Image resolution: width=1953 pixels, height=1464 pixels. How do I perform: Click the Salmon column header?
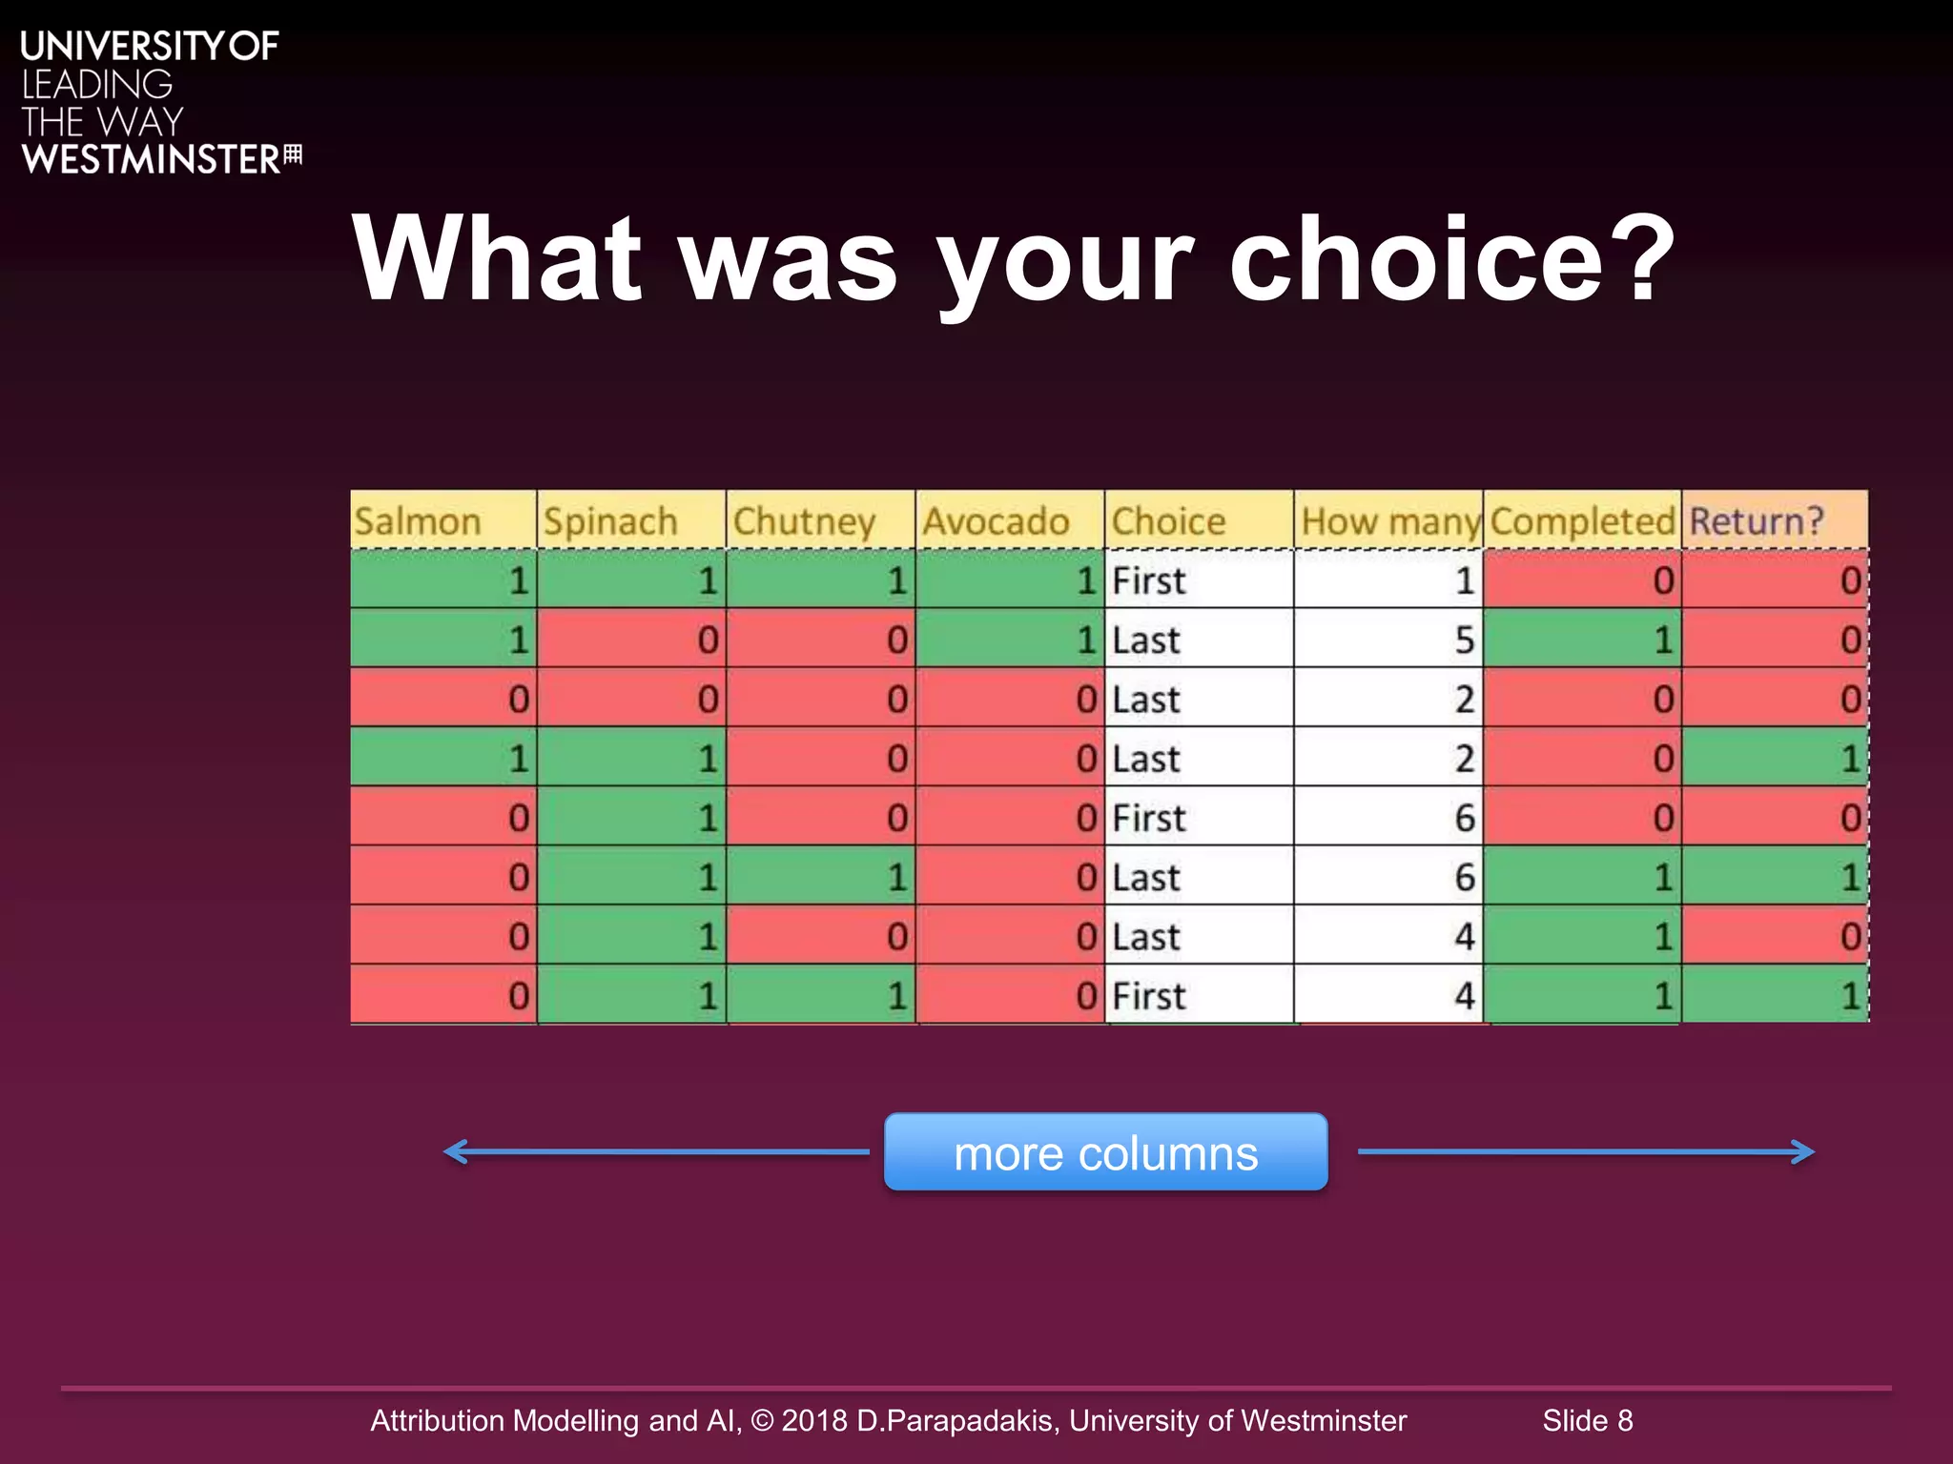[443, 521]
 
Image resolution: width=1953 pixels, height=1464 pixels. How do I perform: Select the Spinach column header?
[631, 521]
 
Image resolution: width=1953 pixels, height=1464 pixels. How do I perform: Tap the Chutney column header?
[820, 521]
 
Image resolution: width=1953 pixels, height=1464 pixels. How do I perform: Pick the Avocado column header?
[1009, 521]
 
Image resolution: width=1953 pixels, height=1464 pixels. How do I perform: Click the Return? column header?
[1774, 521]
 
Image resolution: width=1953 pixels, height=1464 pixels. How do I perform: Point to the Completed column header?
[1582, 521]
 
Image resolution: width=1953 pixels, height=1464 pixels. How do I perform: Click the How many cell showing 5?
[1388, 640]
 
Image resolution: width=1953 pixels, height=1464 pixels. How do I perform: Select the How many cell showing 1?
[1388, 580]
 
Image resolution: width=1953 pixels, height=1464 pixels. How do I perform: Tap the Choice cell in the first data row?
[1199, 580]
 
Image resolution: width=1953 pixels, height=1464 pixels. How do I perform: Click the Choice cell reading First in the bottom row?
[1199, 996]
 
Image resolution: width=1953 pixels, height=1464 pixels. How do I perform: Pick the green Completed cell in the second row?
[1582, 640]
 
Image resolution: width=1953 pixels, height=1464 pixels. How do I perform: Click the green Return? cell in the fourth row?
[1774, 759]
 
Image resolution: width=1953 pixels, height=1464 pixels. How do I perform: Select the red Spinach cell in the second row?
[631, 640]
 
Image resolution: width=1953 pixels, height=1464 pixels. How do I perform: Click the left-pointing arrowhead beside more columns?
[456, 1151]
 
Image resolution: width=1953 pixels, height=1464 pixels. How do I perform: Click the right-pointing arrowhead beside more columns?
[1802, 1151]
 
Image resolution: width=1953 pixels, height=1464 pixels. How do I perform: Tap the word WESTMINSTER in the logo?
[151, 159]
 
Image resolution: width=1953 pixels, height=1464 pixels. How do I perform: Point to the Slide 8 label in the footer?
[1588, 1420]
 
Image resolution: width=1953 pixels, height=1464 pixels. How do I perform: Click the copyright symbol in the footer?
[762, 1420]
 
